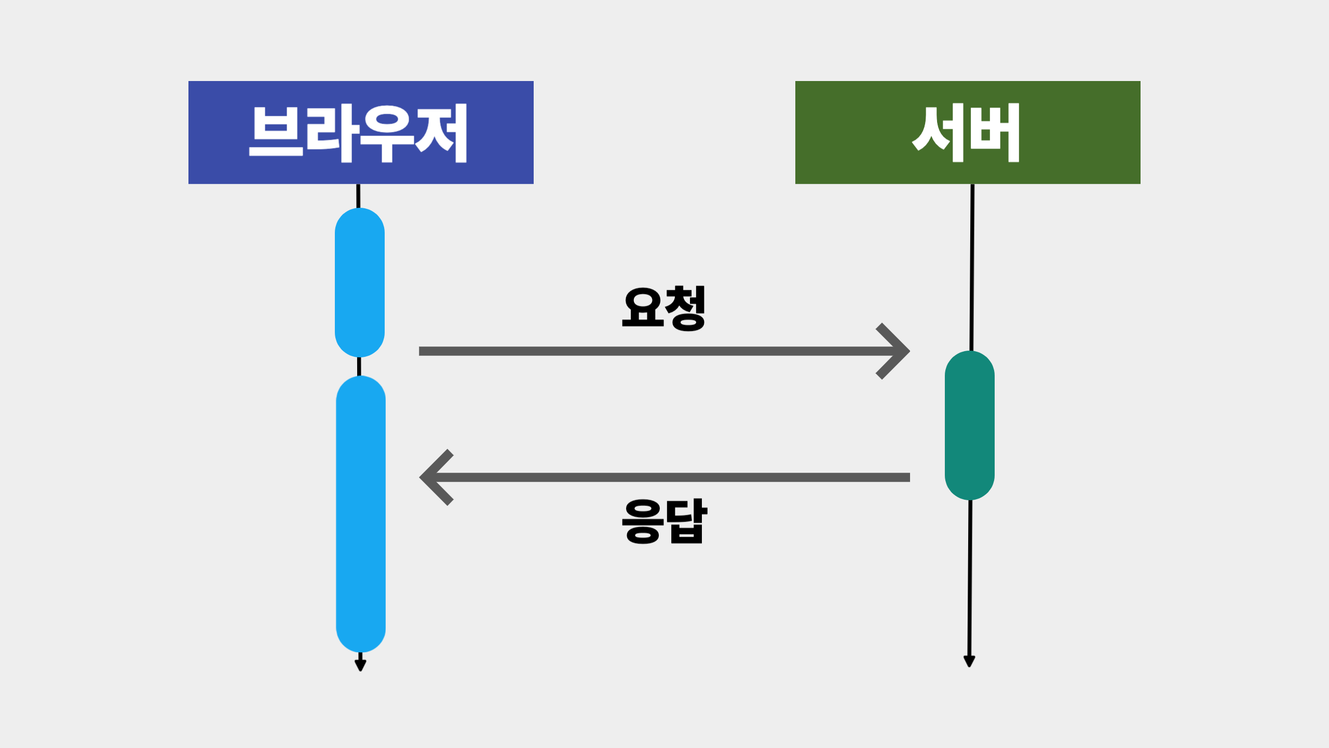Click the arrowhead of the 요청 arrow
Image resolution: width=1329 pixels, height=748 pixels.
click(x=898, y=352)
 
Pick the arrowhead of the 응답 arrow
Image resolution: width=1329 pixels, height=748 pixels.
click(x=431, y=477)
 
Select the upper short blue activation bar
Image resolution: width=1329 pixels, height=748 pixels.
click(x=360, y=283)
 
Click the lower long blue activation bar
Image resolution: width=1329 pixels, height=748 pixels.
click(x=361, y=514)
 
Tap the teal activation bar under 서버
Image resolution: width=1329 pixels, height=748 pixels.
click(x=969, y=425)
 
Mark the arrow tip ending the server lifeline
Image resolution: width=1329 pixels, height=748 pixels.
click(x=969, y=661)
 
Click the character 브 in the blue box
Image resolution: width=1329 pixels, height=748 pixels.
click(x=276, y=132)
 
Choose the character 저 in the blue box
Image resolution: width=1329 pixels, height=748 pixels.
click(x=442, y=133)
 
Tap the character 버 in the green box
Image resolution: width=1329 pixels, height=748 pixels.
click(x=995, y=133)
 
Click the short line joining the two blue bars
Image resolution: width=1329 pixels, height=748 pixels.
click(x=359, y=366)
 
